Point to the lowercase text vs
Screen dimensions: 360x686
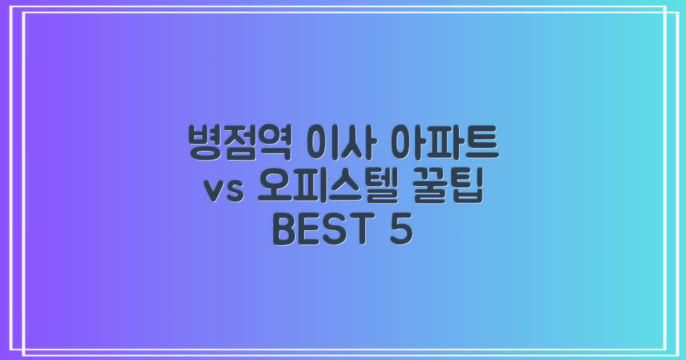(x=224, y=190)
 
